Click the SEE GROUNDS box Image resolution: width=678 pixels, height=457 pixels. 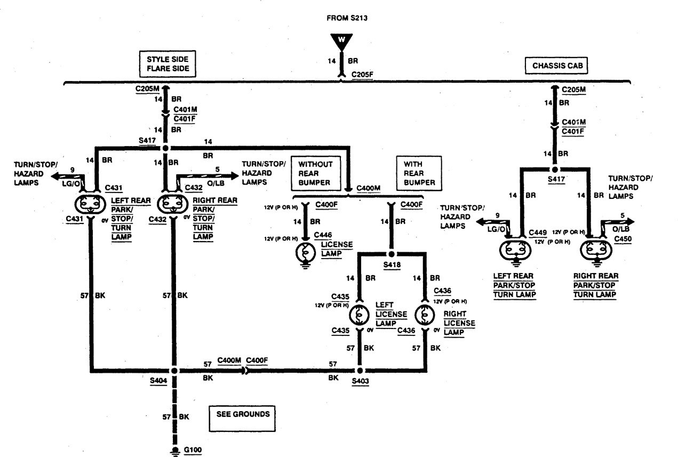coord(243,414)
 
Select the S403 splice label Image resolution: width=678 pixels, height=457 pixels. coord(360,382)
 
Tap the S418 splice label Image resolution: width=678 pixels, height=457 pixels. coord(391,264)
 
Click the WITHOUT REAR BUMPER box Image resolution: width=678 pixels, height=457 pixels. coord(315,172)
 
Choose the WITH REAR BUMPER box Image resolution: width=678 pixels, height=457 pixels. coord(419,172)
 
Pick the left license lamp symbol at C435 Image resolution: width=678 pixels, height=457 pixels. coord(359,315)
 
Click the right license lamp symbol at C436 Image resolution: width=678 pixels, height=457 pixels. coord(425,315)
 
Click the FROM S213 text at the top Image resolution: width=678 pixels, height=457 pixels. coord(347,18)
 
